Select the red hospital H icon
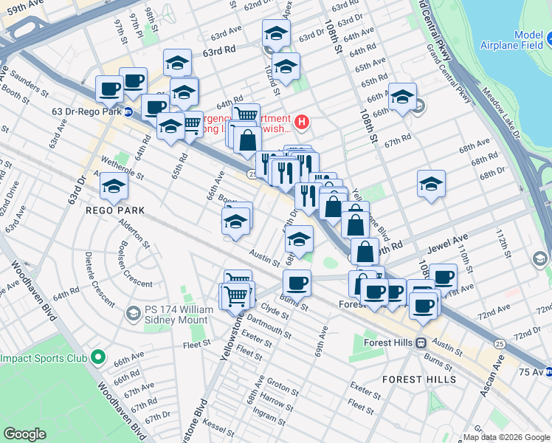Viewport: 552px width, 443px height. coord(301,121)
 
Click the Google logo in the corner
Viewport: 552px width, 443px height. coord(24,434)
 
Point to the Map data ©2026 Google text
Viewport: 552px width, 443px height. coord(506,437)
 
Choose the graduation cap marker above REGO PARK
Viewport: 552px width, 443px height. coord(114,188)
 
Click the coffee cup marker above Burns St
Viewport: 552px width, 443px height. coord(297,283)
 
